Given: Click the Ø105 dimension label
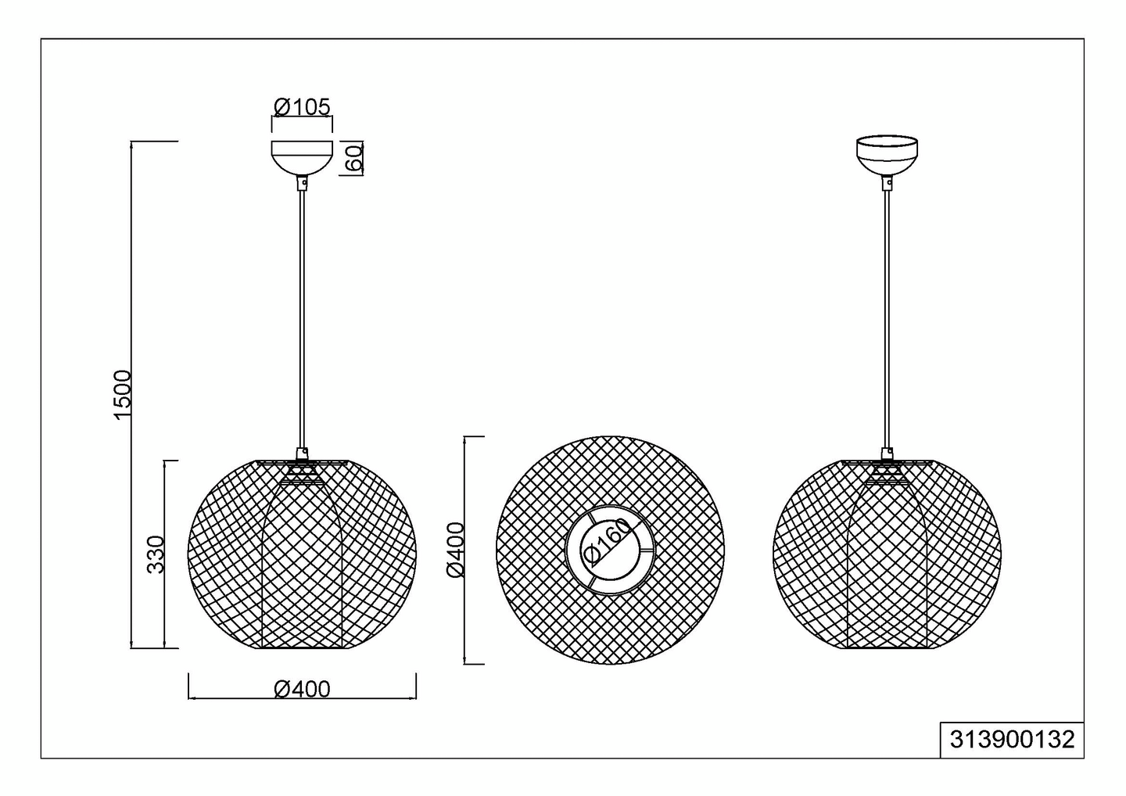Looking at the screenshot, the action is coord(302,107).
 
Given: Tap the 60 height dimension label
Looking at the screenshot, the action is coord(354,158).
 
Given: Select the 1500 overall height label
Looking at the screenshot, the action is coord(123,395).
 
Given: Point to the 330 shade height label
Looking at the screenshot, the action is coord(156,554).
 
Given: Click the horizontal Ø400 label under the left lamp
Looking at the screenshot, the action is coord(302,690).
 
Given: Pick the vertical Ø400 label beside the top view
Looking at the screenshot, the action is coord(456,550).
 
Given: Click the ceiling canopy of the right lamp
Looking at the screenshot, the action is coord(887,155).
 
